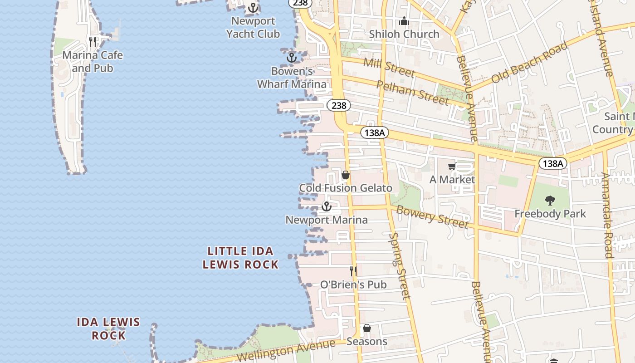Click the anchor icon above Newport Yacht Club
pyautogui.click(x=253, y=8)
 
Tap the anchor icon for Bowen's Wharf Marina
pyautogui.click(x=291, y=58)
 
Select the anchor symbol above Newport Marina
pyautogui.click(x=326, y=207)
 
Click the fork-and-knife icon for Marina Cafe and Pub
pyautogui.click(x=93, y=42)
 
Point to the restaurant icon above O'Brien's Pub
pyautogui.click(x=353, y=271)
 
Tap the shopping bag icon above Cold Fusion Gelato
pyautogui.click(x=346, y=175)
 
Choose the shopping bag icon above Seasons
pyautogui.click(x=367, y=328)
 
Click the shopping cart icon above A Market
pyautogui.click(x=452, y=167)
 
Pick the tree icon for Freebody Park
pyautogui.click(x=550, y=200)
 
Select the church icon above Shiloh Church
pyautogui.click(x=404, y=21)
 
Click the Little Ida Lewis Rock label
pyautogui.click(x=240, y=258)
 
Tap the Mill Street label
pyautogui.click(x=389, y=67)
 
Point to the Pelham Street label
pyautogui.click(x=413, y=92)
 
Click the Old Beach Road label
pyautogui.click(x=529, y=62)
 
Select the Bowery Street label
pyautogui.click(x=432, y=216)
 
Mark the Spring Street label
pyautogui.click(x=400, y=266)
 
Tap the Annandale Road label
pyautogui.click(x=607, y=215)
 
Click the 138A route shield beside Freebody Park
pyautogui.click(x=553, y=163)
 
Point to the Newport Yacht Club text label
pyautogui.click(x=253, y=27)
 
